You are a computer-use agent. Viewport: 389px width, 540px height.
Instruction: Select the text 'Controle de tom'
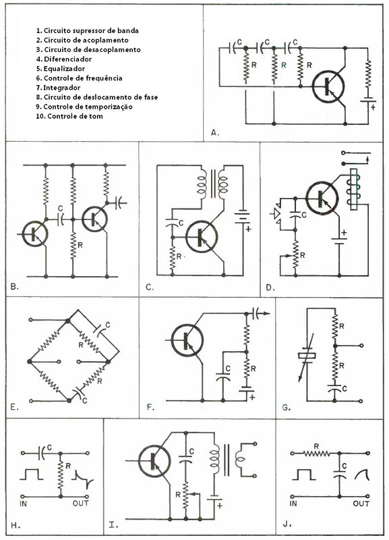tap(75, 116)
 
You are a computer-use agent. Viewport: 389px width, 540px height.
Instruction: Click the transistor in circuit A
tap(328, 86)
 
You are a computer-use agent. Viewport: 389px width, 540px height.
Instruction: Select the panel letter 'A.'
tap(215, 132)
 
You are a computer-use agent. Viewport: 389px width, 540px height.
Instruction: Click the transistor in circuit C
tap(202, 238)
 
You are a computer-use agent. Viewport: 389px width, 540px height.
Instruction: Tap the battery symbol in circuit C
tap(243, 217)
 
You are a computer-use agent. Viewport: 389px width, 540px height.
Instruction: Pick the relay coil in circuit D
tap(354, 189)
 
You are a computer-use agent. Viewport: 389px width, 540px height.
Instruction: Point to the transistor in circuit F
tap(187, 340)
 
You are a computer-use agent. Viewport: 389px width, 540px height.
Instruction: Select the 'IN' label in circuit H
tap(24, 504)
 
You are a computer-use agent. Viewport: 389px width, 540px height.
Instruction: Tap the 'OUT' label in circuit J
tap(361, 504)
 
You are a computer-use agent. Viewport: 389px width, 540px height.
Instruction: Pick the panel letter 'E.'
tap(14, 408)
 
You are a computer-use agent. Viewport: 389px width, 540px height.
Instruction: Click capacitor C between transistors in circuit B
tap(60, 219)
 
